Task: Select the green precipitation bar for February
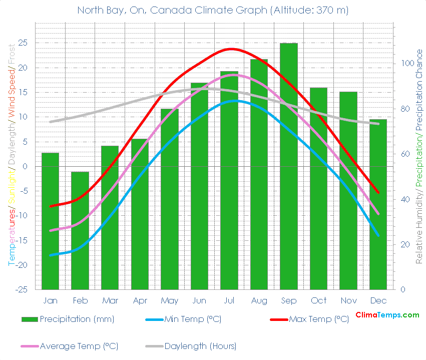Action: click(80, 230)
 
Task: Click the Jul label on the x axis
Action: click(229, 300)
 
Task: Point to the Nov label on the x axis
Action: click(348, 300)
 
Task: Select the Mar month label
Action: click(110, 300)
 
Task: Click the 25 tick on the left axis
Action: click(23, 43)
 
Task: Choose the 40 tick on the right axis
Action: click(402, 199)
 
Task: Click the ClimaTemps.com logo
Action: click(387, 315)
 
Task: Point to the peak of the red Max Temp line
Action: click(231, 49)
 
